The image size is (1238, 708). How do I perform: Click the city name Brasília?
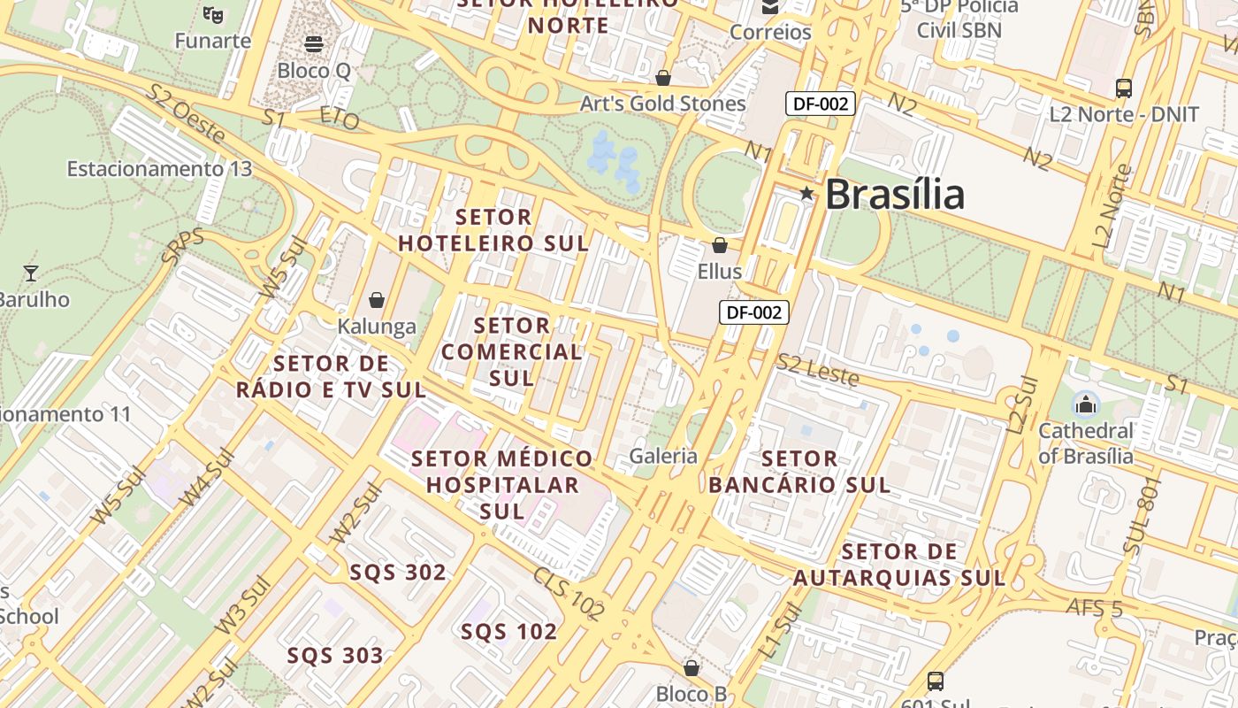894,195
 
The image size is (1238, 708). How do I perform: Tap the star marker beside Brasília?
806,193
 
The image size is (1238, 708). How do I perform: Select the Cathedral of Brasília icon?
1085,406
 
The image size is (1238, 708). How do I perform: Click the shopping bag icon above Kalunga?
377,300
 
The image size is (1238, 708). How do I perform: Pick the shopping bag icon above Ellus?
720,244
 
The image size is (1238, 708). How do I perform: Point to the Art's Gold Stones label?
662,104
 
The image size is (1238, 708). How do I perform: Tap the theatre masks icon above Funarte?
212,13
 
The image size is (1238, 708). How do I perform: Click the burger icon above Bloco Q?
313,43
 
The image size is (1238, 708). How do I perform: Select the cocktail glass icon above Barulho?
31,273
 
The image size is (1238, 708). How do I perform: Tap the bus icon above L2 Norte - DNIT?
1124,88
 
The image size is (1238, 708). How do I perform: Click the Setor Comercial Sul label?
511,351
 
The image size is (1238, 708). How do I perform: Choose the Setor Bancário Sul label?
799,472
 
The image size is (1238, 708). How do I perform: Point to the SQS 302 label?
398,572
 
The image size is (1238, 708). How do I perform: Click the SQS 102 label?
508,631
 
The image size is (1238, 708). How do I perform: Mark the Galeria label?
663,457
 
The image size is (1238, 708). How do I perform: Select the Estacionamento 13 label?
159,168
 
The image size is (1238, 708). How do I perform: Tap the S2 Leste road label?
817,370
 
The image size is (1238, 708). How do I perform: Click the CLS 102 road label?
569,592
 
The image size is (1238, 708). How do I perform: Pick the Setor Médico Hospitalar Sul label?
502,484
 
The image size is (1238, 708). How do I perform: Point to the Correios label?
770,33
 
